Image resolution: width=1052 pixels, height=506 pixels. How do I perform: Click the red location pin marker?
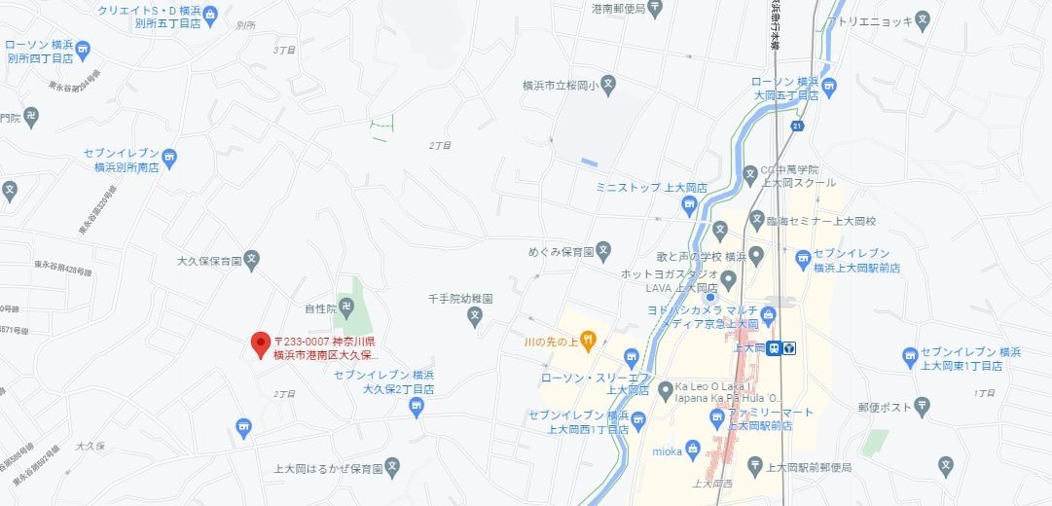coord(260,343)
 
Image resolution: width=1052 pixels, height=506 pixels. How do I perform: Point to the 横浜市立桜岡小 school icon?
coord(608,85)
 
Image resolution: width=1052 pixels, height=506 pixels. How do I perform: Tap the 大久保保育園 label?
coord(209,262)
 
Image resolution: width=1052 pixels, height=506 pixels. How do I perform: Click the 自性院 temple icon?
coord(347,307)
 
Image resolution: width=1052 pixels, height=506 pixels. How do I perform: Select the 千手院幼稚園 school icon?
coord(475,315)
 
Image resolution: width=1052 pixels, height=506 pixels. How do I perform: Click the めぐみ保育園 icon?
coord(602,250)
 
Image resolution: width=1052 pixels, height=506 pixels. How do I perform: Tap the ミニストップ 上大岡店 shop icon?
coord(689,204)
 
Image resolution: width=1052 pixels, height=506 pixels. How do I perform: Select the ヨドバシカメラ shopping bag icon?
coord(768,313)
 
